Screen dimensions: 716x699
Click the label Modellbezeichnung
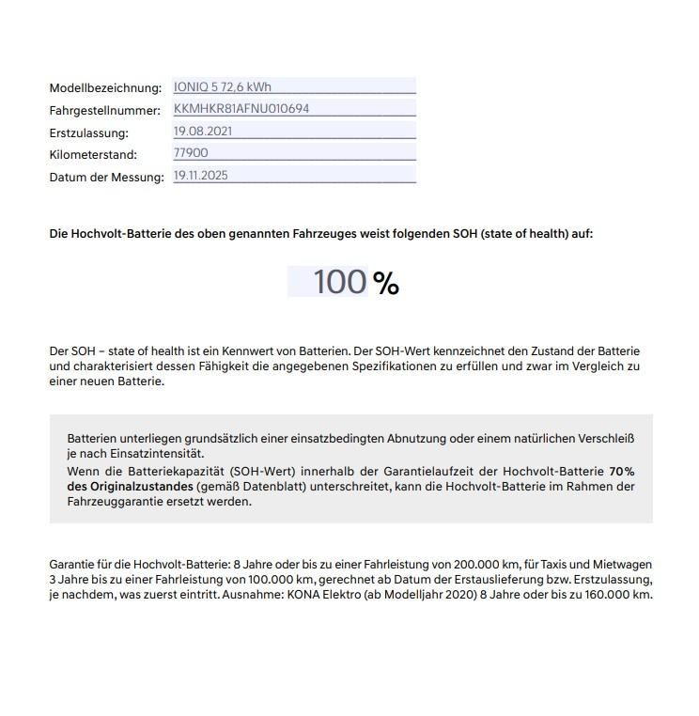tap(105, 88)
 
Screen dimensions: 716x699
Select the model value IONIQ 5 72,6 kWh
tap(223, 86)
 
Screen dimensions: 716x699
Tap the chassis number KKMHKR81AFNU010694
tap(241, 109)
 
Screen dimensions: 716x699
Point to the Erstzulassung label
tap(88, 133)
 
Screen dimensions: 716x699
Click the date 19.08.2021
tap(203, 131)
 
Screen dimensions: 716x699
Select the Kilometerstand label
tap(93, 155)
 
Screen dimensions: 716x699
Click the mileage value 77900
tap(191, 153)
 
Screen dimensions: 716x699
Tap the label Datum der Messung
tap(106, 178)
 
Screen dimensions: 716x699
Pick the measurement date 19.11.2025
tap(201, 176)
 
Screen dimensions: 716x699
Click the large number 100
tap(339, 282)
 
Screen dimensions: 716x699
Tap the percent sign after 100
tap(386, 283)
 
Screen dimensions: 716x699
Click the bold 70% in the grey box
tap(622, 472)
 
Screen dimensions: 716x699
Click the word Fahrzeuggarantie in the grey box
tap(118, 502)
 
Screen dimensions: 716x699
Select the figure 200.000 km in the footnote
tap(487, 565)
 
